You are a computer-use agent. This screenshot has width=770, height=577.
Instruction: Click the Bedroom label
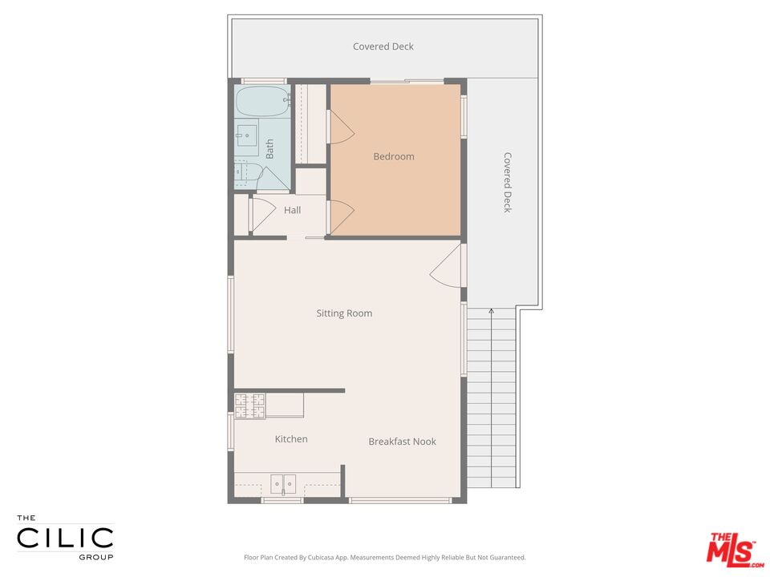coord(394,156)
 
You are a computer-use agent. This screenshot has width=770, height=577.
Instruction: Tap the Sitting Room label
coord(344,313)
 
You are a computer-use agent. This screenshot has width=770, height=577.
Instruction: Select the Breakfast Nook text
coord(402,442)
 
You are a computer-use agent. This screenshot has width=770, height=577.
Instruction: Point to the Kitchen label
coord(291,439)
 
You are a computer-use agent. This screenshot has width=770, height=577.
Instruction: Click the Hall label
coord(292,210)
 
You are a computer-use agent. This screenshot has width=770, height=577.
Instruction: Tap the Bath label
coord(269,148)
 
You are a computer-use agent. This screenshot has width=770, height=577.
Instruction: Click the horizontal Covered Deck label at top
coord(383,46)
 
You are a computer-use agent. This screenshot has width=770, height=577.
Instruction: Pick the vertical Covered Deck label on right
coord(507,183)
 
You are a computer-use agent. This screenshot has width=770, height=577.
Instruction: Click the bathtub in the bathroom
coord(261,102)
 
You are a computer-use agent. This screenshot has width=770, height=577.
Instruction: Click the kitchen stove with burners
coord(249,406)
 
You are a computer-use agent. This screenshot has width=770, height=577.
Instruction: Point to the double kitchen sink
coord(283,483)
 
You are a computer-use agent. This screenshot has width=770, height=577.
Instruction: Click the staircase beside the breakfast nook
coord(492,401)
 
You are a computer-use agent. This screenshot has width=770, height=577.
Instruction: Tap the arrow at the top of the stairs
coord(492,311)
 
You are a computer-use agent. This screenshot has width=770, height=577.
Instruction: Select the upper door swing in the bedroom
coord(338,126)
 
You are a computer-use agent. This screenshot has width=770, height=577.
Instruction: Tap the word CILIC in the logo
coord(65,537)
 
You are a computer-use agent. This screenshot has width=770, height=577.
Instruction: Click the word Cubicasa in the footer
coord(334,557)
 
